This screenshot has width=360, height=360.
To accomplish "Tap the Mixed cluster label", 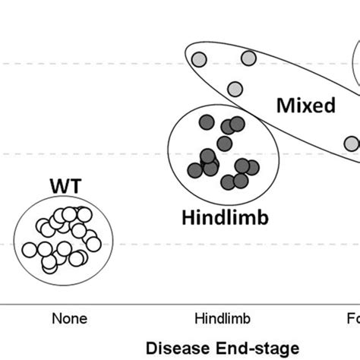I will tap(305, 105).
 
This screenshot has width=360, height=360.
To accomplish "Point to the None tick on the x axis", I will tap(69, 318).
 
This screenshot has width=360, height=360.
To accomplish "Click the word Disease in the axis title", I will tap(175, 348).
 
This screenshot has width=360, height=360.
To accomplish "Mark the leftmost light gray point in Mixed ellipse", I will tap(199, 60).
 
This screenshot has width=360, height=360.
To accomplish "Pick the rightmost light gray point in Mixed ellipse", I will tap(350, 143).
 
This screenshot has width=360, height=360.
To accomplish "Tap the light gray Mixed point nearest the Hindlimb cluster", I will tap(235, 89).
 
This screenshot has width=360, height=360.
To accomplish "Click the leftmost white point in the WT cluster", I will tap(30, 249).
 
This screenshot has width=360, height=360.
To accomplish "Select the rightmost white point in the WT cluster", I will tap(93, 243).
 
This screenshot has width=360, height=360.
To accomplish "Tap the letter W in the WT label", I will tap(57, 185).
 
